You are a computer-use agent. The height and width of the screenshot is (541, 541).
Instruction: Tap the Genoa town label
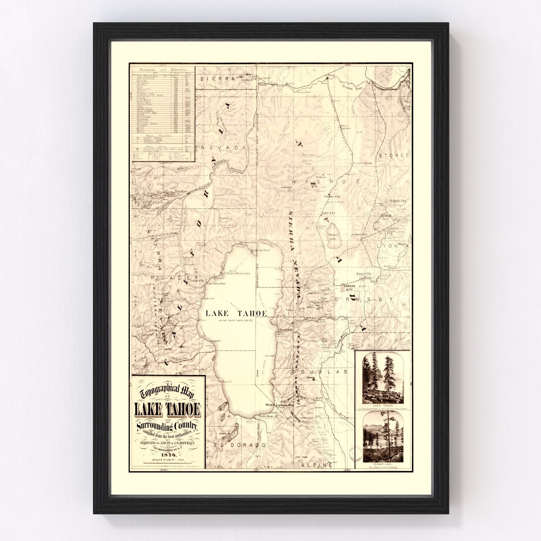pyautogui.click(x=311, y=378)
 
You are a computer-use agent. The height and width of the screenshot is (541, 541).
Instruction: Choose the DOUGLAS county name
pyautogui.click(x=320, y=371)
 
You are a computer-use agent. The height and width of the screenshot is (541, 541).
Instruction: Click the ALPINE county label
pyautogui.click(x=317, y=465)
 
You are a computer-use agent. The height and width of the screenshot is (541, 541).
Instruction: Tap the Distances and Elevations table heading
pyautogui.click(x=163, y=70)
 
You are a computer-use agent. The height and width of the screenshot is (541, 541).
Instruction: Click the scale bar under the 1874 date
pyautogui.click(x=168, y=463)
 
